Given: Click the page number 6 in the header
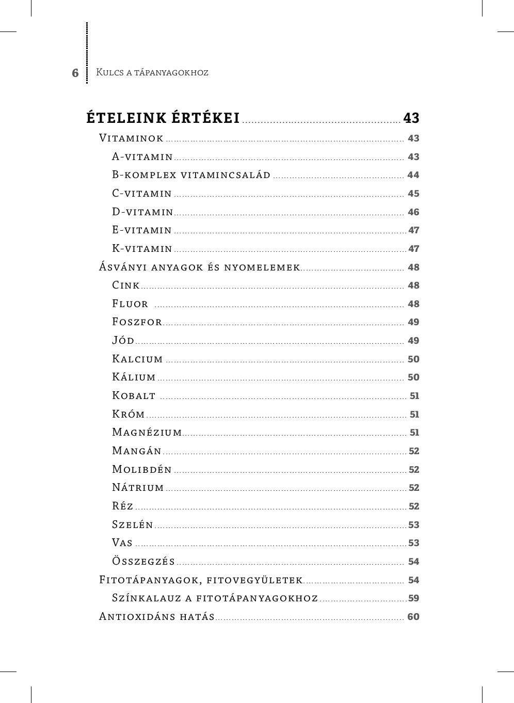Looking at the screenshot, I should [75, 73].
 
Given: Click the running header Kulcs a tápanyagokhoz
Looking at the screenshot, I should [152, 72].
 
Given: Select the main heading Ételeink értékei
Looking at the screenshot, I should [163, 118].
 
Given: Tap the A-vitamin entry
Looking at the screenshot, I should [142, 156].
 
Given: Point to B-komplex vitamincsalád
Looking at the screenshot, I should [191, 175].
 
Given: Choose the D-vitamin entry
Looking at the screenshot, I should [142, 212].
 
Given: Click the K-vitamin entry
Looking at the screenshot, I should [142, 249].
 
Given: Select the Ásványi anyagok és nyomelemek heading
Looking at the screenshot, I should [200, 267].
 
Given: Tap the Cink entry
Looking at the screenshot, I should [126, 285].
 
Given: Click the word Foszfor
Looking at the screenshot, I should [137, 322].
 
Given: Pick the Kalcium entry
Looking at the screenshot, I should [138, 359].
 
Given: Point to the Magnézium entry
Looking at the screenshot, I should [147, 433].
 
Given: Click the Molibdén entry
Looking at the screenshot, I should [142, 469].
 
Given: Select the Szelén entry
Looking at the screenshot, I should [133, 524].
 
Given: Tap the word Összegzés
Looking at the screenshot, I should [143, 562].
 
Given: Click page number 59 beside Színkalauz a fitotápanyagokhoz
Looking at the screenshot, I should [413, 598].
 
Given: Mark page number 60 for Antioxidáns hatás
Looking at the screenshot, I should [413, 617].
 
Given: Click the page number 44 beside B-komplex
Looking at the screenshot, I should [413, 175].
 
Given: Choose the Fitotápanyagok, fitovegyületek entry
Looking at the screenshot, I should [201, 580].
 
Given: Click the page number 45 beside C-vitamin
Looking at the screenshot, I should [413, 194].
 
